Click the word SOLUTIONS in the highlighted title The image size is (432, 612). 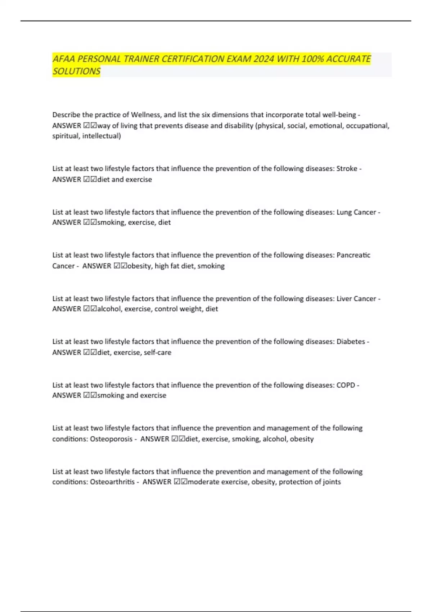76,71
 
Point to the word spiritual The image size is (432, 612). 66,136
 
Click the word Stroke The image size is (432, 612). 347,168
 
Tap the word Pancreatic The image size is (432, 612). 353,255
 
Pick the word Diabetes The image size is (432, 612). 351,342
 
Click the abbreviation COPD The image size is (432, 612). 346,385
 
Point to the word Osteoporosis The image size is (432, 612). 111,439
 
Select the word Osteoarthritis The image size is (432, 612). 112,482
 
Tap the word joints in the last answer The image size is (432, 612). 332,482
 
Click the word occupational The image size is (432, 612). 367,126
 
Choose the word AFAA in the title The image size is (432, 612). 64,59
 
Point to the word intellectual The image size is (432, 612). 102,136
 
